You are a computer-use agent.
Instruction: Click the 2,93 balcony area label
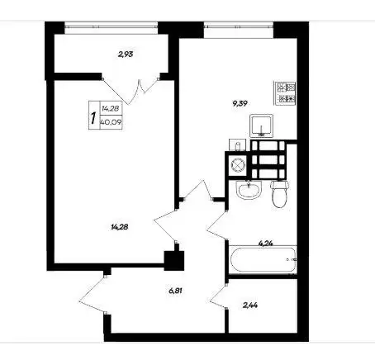coord(126,54)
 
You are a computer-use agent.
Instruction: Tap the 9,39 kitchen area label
coord(240,103)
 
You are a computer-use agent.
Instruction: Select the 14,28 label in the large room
coord(120,227)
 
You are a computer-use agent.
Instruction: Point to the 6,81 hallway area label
coord(175,291)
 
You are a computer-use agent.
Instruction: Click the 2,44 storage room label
coord(250,305)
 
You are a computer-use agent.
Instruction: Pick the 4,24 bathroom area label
coord(266,243)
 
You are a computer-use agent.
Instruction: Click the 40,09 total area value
coord(111,122)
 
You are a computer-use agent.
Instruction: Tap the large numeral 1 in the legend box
coord(93,118)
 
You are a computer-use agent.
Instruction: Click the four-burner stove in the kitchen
coord(285,93)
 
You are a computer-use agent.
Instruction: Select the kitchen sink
coord(261,126)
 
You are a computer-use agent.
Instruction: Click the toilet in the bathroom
coord(279,193)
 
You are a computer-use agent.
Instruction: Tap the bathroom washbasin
coord(249,189)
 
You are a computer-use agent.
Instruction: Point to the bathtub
coord(263,259)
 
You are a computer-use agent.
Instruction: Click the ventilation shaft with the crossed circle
coord(238,165)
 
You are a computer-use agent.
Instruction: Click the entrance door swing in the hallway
coord(93,294)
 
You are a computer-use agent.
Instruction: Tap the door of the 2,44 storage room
coord(219,296)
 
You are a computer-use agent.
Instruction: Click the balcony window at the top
coord(112,26)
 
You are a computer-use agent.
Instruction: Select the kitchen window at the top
coord(239,26)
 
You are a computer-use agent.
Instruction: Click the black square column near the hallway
coord(174,261)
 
